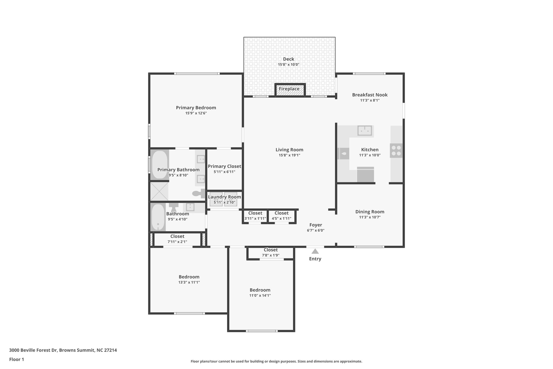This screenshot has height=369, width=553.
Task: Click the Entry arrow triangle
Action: coord(315,251)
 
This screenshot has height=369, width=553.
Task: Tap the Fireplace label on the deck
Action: coord(289,89)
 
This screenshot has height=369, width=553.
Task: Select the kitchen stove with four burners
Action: coord(396,151)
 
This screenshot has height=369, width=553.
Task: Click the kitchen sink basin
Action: coord(365,131)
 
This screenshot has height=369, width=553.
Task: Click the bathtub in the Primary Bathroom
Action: coord(160,165)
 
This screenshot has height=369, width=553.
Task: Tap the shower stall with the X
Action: coord(159,191)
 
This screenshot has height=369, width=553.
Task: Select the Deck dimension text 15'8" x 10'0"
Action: coord(289,65)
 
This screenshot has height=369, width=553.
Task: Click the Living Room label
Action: coord(289,150)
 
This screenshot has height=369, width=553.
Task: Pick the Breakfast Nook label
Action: coord(370,95)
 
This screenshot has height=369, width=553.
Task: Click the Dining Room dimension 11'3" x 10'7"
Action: coord(370,217)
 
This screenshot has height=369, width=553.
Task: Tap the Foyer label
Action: coord(316,225)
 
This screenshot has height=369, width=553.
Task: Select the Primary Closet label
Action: coord(224,167)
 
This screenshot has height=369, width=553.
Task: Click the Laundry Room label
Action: coord(224,197)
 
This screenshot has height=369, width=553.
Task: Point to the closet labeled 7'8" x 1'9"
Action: coord(271,253)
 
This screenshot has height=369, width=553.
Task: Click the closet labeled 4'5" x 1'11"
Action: coord(281,216)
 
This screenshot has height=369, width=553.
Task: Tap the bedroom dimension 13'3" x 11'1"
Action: coord(189,282)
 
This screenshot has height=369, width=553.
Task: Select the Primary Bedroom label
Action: coord(196,108)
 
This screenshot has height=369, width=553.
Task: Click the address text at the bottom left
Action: coord(63,350)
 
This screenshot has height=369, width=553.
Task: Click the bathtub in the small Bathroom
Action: coord(158,217)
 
